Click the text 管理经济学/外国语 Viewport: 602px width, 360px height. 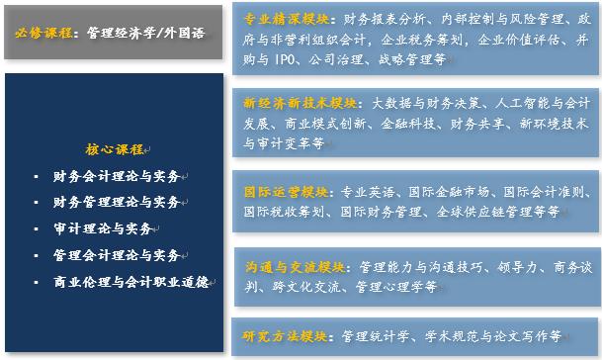(x=146, y=32)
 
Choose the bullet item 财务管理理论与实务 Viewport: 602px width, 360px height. (x=118, y=203)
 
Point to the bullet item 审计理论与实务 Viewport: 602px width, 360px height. (x=104, y=228)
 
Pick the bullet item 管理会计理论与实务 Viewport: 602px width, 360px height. (x=118, y=255)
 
